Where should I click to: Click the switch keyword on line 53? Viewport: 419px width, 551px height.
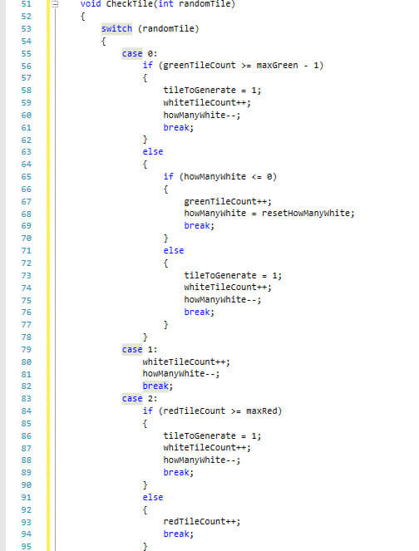coord(116,28)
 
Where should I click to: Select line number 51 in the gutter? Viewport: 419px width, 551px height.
coord(27,4)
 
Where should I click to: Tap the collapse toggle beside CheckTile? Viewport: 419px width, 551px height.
coord(55,4)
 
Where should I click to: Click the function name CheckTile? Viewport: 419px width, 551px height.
coord(129,4)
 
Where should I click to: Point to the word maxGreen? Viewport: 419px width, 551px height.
coord(277,66)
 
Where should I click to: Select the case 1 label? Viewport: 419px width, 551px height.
coord(140,350)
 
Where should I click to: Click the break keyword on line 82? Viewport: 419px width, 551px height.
coord(155,386)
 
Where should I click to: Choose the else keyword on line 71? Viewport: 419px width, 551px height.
coord(174,250)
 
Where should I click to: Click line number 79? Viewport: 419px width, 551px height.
coord(27,350)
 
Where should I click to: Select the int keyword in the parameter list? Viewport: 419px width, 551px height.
coord(165,4)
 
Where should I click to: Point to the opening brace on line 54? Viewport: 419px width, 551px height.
coord(104,42)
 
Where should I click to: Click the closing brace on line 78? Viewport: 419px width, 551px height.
coord(145,337)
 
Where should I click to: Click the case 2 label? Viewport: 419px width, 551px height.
coord(140,399)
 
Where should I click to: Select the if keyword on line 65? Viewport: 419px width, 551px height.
coord(169,176)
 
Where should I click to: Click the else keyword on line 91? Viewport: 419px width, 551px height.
coord(153,498)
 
